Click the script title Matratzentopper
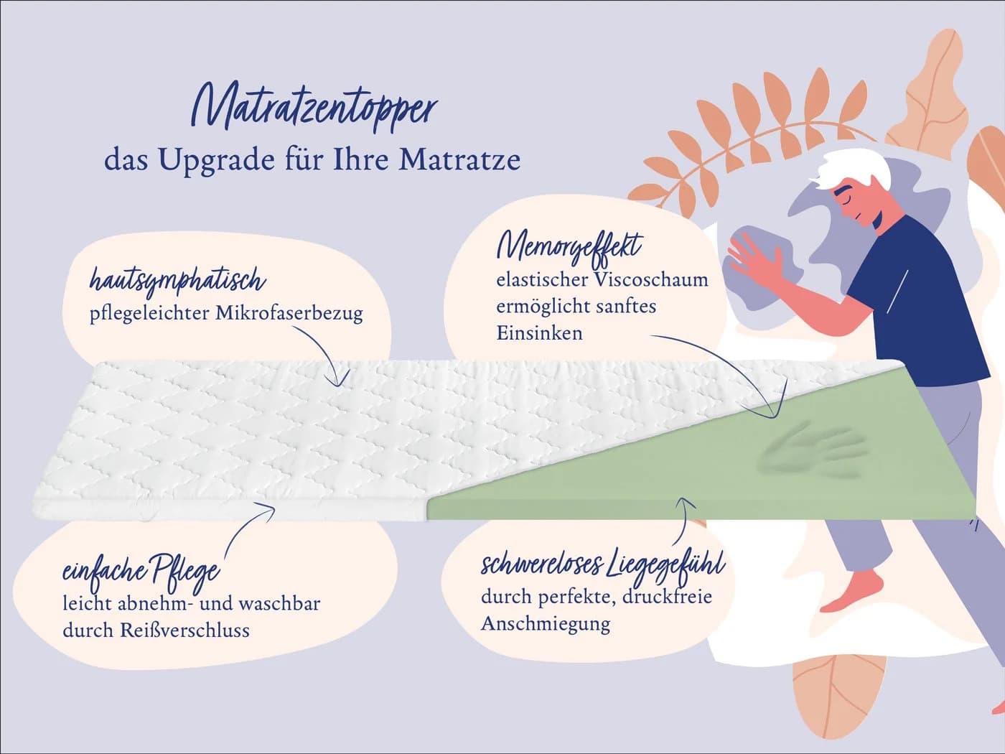pyautogui.click(x=314, y=108)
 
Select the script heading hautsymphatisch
pyautogui.click(x=177, y=280)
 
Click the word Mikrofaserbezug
pyautogui.click(x=289, y=314)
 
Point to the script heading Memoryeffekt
pyautogui.click(x=569, y=248)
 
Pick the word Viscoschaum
pyautogui.click(x=651, y=280)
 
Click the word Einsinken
pyautogui.click(x=539, y=333)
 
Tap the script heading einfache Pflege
pyautogui.click(x=141, y=573)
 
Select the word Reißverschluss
pyautogui.click(x=185, y=630)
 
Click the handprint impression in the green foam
pyautogui.click(x=811, y=450)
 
